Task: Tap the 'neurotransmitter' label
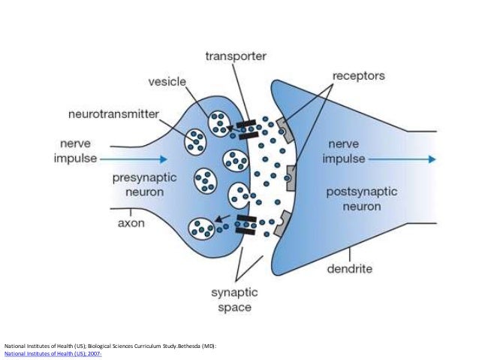[121, 115]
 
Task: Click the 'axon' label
[131, 223]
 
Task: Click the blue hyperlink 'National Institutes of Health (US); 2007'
[53, 352]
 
